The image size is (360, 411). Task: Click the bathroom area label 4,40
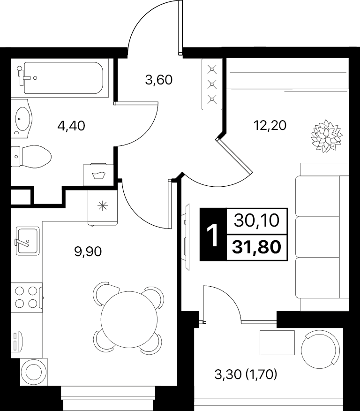71,126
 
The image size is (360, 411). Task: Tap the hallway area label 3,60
159,80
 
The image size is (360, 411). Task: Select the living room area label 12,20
270,126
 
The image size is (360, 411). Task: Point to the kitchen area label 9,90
88,252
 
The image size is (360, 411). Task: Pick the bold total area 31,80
256,247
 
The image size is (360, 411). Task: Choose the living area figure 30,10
256,221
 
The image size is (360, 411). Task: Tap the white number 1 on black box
213,236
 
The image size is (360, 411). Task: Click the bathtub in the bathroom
63,78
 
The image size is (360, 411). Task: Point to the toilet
31,157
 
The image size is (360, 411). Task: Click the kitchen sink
28,241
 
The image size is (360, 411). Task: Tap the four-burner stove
26,297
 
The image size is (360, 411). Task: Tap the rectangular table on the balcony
277,342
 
